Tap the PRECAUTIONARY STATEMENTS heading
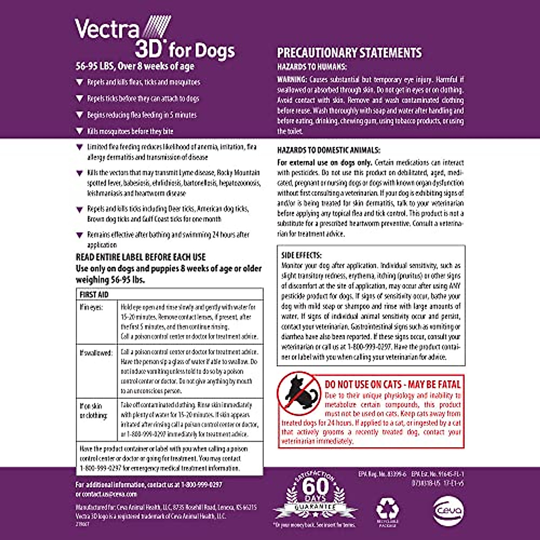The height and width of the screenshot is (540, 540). [349, 53]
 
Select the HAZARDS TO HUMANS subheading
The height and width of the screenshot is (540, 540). [312, 67]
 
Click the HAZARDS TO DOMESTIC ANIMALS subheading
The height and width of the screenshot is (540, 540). [328, 150]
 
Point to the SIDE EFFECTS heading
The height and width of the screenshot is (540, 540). [301, 255]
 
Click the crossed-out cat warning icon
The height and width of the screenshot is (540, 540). [298, 393]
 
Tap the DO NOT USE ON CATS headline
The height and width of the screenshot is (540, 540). [393, 385]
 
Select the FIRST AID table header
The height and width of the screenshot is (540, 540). [94, 295]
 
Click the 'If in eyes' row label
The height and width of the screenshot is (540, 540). [91, 307]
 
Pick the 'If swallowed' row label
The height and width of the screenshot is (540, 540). [96, 353]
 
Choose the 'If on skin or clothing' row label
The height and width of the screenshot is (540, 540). [94, 410]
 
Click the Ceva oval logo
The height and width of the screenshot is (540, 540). [448, 511]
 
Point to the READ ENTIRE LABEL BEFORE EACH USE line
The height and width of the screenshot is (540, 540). [141, 257]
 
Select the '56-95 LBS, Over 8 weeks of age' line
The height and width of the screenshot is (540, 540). [135, 66]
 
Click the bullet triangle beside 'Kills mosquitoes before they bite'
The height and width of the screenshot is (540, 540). [80, 131]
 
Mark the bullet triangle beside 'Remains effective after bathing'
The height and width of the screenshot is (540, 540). [80, 235]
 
